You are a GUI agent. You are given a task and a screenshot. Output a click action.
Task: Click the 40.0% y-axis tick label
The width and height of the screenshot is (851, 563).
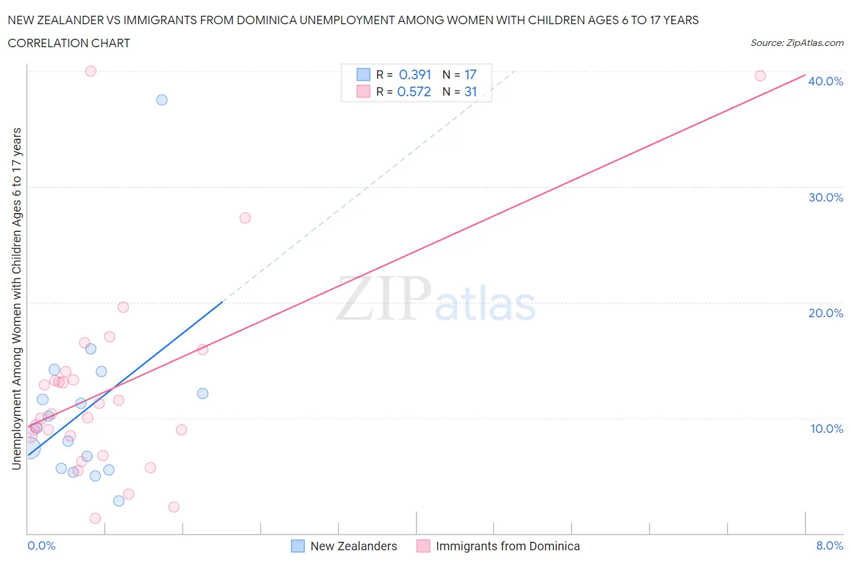coord(826,81)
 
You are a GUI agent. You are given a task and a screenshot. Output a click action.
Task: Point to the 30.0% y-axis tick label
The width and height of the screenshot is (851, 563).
coord(826,197)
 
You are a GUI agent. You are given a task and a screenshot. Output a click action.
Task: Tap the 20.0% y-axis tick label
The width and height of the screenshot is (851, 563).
coord(826,313)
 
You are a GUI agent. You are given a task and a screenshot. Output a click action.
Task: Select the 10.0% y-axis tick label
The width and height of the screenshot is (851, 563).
coord(826,429)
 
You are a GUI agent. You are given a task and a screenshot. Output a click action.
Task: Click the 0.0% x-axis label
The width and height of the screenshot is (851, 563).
coord(41,545)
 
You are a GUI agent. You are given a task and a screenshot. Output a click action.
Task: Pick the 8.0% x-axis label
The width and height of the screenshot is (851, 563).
coord(829,545)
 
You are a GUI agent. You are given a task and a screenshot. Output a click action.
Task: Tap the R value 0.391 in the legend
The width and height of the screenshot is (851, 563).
coord(415,74)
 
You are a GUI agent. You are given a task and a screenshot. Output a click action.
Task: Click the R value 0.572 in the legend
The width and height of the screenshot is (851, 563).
coord(414,91)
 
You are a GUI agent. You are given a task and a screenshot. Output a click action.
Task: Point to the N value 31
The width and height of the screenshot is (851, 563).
coord(470,91)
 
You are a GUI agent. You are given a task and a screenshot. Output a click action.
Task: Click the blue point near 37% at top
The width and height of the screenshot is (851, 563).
coord(162,100)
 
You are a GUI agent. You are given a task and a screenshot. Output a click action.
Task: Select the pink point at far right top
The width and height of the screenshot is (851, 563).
coord(760,76)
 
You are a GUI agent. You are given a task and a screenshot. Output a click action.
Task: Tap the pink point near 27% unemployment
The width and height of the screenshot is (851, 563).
coord(245,218)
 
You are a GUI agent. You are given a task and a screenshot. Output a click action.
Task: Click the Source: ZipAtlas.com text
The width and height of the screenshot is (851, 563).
coord(797,43)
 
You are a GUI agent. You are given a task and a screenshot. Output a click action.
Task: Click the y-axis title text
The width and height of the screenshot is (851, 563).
coord(16,298)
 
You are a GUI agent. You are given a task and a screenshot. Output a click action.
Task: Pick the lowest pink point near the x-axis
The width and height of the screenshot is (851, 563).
coord(95,518)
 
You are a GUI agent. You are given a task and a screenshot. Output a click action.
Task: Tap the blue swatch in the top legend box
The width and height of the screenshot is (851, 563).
coord(363,74)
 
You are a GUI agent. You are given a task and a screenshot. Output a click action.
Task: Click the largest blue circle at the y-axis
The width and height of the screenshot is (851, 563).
coord(29,448)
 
